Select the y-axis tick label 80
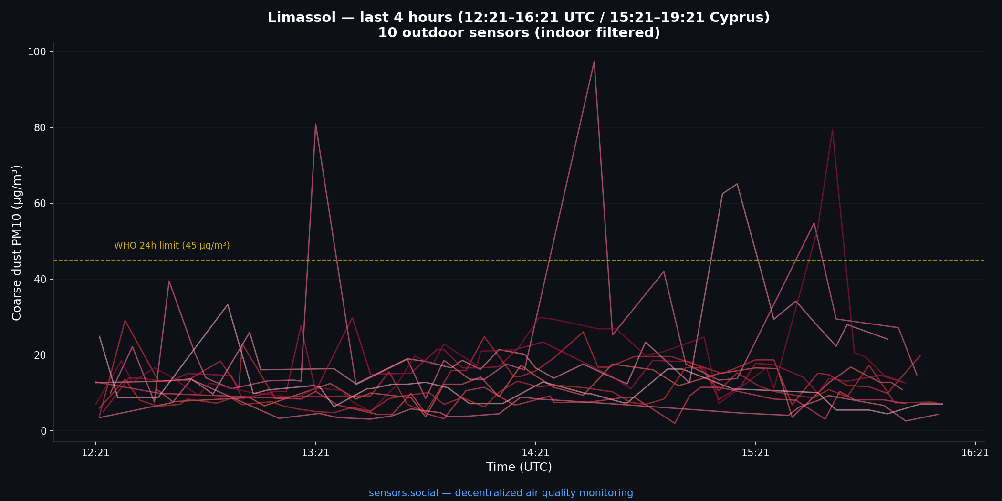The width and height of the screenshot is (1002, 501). pyautogui.click(x=40, y=128)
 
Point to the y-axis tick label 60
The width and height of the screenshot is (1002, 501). pyautogui.click(x=40, y=204)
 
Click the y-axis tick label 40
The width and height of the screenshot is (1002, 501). pyautogui.click(x=40, y=280)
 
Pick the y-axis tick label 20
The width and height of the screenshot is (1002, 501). pyautogui.click(x=40, y=355)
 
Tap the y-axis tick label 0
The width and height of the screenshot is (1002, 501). pyautogui.click(x=43, y=431)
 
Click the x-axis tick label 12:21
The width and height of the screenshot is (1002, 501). pyautogui.click(x=95, y=453)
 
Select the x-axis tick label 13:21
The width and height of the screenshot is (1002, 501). pyautogui.click(x=315, y=453)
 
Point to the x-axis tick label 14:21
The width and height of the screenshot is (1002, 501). pyautogui.click(x=535, y=453)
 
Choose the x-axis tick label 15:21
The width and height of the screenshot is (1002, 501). pyautogui.click(x=755, y=453)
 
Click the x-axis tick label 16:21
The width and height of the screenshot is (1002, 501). pyautogui.click(x=975, y=453)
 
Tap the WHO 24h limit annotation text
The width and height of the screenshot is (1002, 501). pyautogui.click(x=172, y=246)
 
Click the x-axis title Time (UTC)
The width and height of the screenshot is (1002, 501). pyautogui.click(x=519, y=467)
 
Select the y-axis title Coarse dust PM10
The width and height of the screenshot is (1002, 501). pyautogui.click(x=17, y=242)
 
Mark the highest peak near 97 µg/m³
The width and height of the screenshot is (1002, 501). pyautogui.click(x=594, y=61)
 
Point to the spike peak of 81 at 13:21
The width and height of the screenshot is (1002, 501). pyautogui.click(x=315, y=124)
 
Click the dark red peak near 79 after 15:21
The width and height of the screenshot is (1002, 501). pyautogui.click(x=832, y=130)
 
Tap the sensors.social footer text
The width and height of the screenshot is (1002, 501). pyautogui.click(x=501, y=493)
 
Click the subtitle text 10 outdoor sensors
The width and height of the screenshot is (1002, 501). pyautogui.click(x=519, y=33)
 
